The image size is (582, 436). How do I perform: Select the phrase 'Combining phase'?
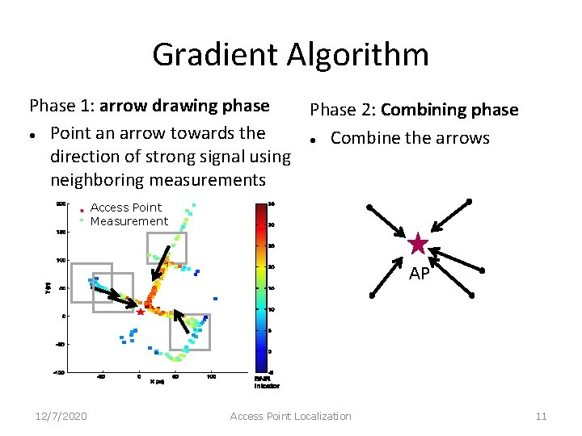[449, 110]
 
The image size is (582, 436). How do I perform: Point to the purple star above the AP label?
[418, 243]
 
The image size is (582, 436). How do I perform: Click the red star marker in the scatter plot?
[141, 312]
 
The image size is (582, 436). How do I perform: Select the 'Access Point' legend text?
[125, 208]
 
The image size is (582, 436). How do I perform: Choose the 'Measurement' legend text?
[129, 221]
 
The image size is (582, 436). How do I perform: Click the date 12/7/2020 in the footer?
[62, 416]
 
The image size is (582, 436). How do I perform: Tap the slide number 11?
[541, 416]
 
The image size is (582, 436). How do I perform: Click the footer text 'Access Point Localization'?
[290, 416]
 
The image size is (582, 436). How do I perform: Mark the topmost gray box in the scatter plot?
[167, 248]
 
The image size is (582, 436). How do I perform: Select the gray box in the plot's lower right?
[190, 332]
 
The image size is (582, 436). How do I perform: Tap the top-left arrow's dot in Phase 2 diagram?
[369, 208]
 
